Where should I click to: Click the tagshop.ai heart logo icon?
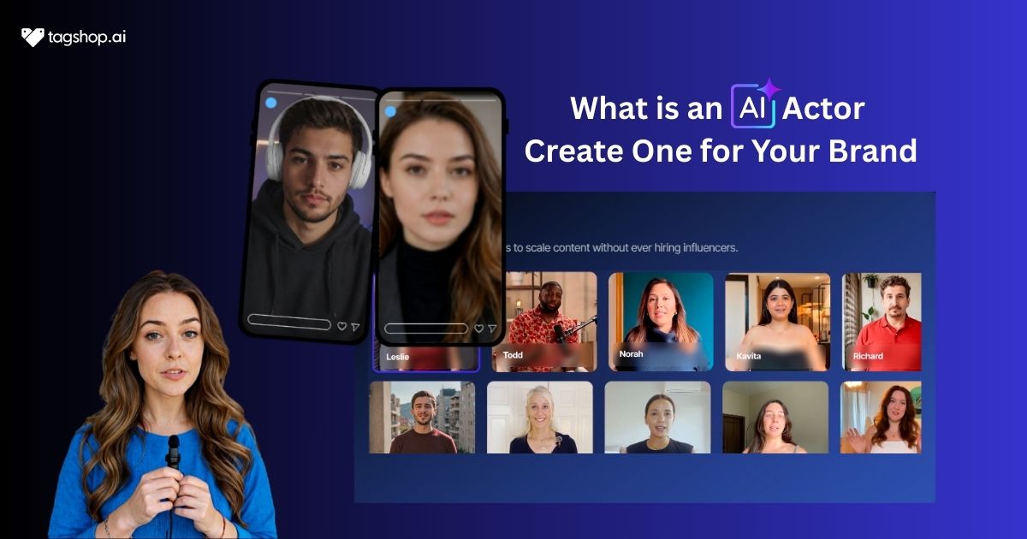pos(33,37)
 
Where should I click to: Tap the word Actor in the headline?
pos(824,109)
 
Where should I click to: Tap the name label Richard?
pos(867,355)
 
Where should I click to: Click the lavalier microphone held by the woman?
pos(173,450)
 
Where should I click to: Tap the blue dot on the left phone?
pos(270,104)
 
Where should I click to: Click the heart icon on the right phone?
pos(479,328)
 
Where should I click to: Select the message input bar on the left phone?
pos(289,323)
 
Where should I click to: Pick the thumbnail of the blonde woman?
pos(540,418)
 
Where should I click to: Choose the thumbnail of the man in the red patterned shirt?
pos(544,322)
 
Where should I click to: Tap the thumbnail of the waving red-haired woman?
pos(881,418)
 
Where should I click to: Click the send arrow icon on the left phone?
pos(355,327)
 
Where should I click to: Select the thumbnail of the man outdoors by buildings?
pos(422,418)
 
